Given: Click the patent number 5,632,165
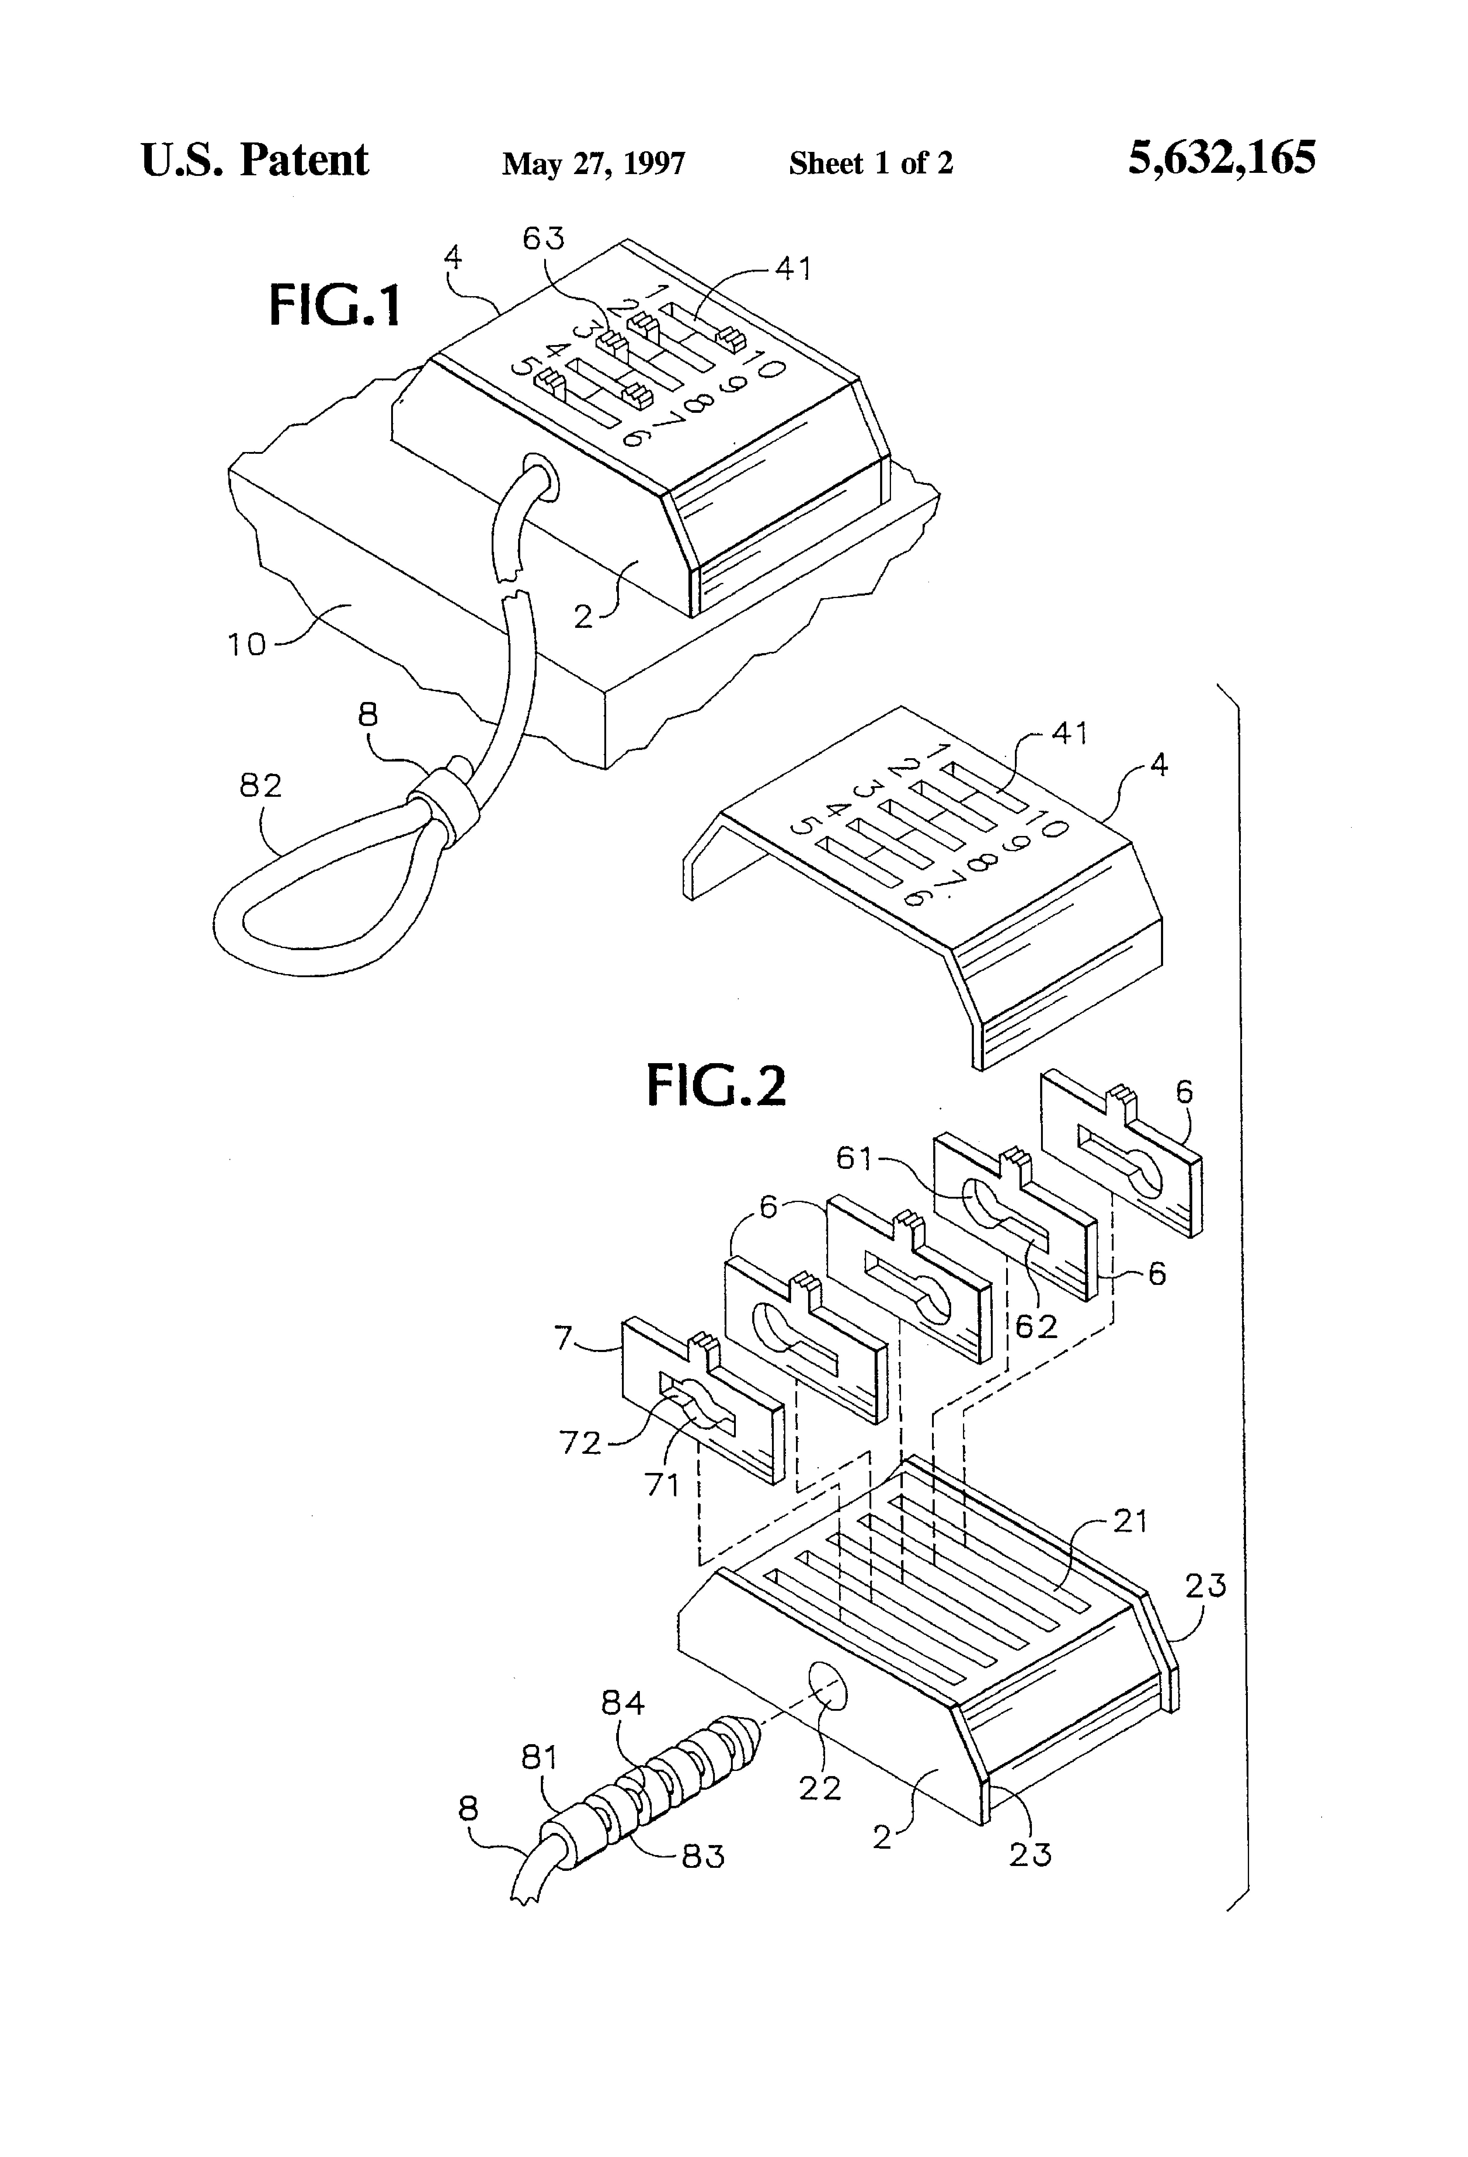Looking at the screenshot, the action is point(1221,159).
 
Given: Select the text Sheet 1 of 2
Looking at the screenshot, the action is point(870,163).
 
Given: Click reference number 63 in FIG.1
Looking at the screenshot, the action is point(543,238).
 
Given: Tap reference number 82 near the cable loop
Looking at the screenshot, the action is point(261,786).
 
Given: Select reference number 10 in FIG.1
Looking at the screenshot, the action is point(247,644).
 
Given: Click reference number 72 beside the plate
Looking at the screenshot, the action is point(580,1442).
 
